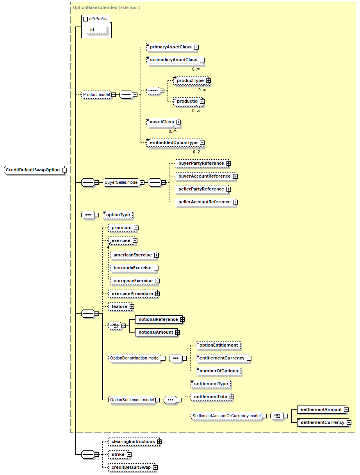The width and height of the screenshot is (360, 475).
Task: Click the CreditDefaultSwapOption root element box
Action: pyautogui.click(x=33, y=170)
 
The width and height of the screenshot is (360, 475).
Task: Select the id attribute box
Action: pyautogui.click(x=93, y=30)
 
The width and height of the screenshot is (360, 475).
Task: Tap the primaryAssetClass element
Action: pyautogui.click(x=171, y=47)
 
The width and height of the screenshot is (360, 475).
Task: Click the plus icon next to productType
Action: pyautogui.click(x=209, y=80)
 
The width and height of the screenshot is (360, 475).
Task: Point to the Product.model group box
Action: pyautogui.click(x=96, y=94)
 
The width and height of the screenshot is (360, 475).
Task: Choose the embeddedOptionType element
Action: pyautogui.click(x=174, y=143)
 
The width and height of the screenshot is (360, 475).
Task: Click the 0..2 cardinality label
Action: pyautogui.click(x=196, y=152)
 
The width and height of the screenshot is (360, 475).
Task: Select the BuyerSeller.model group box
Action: pyautogui.click(x=121, y=182)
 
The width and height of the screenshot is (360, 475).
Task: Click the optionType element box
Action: pyautogui.click(x=118, y=215)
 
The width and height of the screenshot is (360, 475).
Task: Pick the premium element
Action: pyautogui.click(x=121, y=228)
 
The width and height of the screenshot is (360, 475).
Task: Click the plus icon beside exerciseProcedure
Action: pyautogui.click(x=158, y=294)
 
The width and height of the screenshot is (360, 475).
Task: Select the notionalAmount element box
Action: pyautogui.click(x=156, y=332)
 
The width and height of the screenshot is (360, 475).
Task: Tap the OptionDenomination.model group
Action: pyautogui.click(x=134, y=358)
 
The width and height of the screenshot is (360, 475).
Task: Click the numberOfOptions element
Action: pyautogui.click(x=219, y=371)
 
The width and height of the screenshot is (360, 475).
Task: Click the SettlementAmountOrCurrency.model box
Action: pyautogui.click(x=226, y=416)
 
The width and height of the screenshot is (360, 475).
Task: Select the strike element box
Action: pyautogui.click(x=118, y=454)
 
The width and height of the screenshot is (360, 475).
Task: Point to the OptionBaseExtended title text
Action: pyautogui.click(x=95, y=7)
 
